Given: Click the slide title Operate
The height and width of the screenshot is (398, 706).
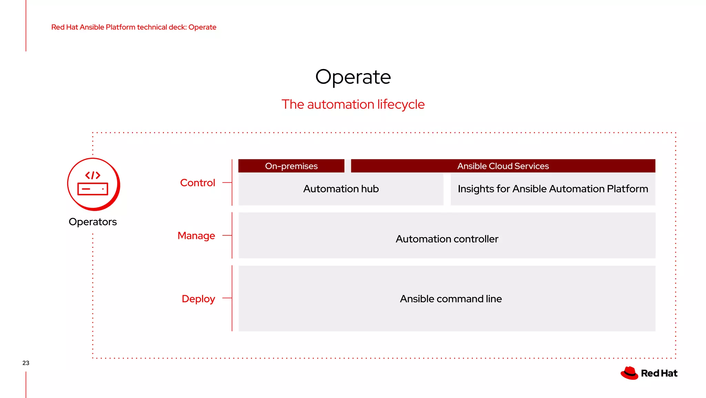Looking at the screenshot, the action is point(353,77).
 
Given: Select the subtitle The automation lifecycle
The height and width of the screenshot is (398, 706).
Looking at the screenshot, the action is point(353,104).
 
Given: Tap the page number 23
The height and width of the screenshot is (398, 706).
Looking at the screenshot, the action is point(26,363).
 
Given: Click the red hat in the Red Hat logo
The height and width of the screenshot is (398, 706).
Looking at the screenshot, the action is point(629,373).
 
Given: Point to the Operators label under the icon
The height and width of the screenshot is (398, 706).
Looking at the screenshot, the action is point(93,222).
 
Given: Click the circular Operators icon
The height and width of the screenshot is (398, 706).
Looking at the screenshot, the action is point(93,184).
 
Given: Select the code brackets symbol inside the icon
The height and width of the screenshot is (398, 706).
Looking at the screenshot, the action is point(93,175).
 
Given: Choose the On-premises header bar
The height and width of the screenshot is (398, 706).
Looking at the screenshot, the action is point(291,166).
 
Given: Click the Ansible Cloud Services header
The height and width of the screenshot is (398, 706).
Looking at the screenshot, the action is point(503,166).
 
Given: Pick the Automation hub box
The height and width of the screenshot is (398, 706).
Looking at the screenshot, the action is point(341,189).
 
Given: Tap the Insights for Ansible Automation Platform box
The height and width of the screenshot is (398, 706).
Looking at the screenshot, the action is point(553,189).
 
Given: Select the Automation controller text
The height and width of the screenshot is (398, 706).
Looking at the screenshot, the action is point(447,239).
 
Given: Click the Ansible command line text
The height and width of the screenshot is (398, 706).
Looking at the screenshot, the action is point(451,299).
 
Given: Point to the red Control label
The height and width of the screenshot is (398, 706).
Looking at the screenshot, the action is point(198,183).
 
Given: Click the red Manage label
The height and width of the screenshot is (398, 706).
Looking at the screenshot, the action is point(196,235).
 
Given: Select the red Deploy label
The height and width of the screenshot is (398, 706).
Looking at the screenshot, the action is point(198,299).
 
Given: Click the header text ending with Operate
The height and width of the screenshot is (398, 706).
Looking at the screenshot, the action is point(134,27).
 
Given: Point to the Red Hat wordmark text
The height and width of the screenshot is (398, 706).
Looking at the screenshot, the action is point(659,373).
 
